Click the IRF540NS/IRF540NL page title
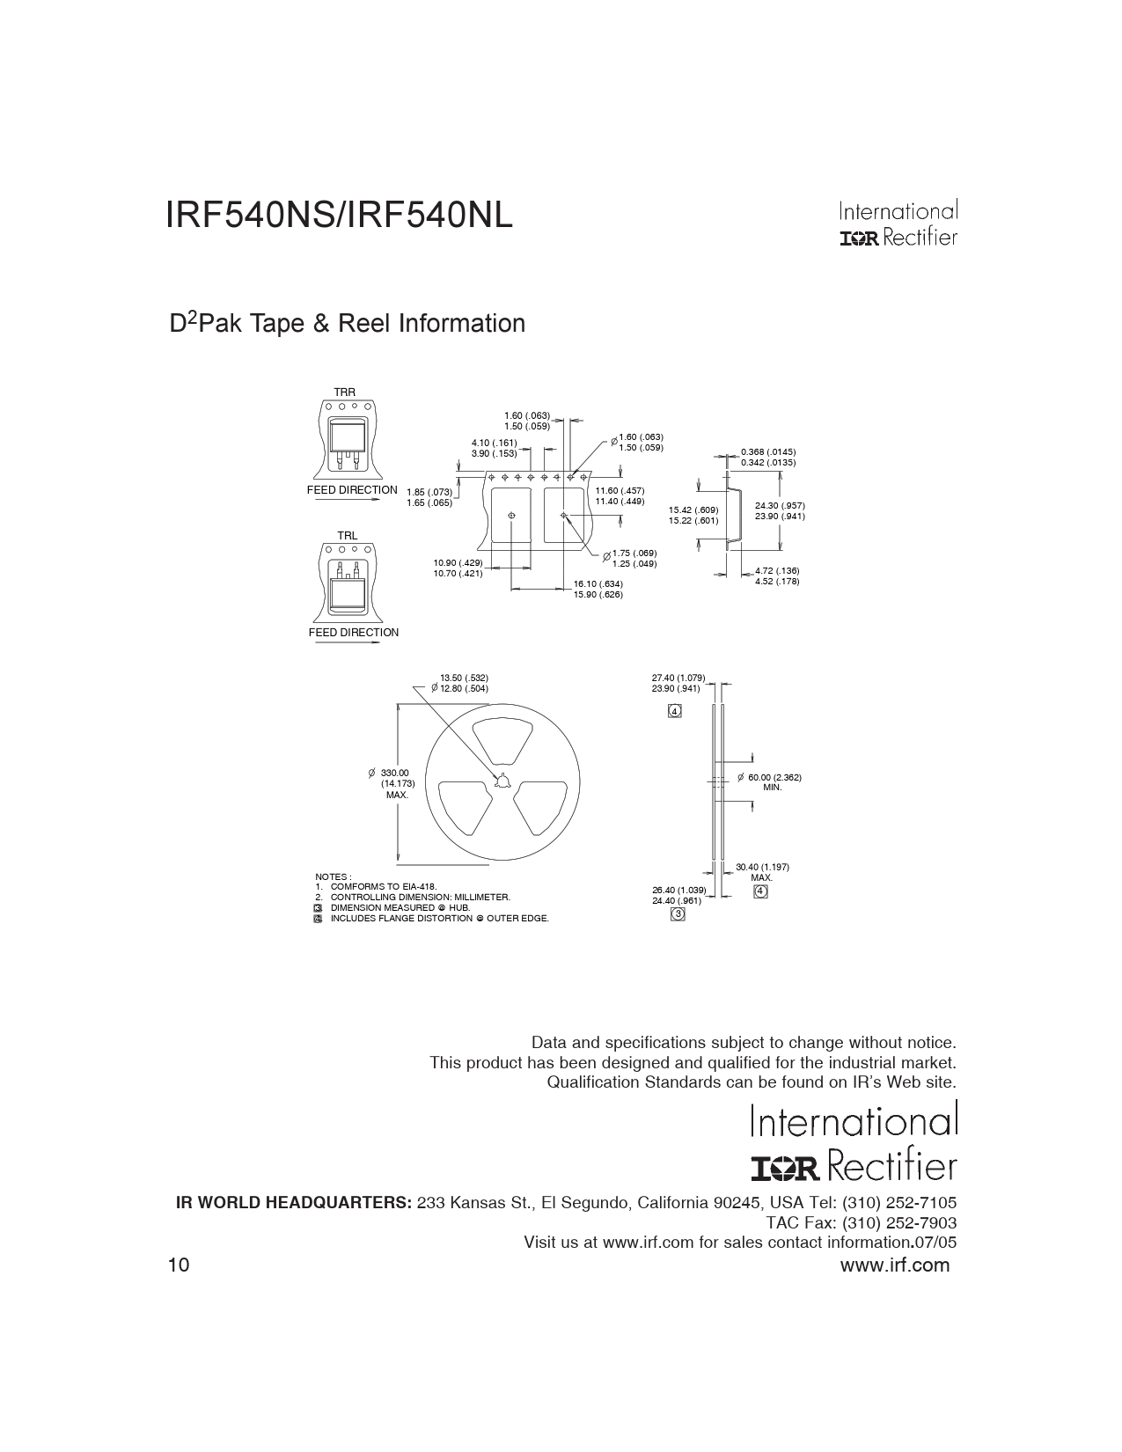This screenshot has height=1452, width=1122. (339, 216)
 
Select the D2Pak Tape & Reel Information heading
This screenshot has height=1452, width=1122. (347, 323)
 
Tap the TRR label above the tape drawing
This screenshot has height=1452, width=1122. (345, 392)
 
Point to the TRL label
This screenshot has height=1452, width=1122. (348, 535)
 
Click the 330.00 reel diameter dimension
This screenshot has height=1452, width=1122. (395, 774)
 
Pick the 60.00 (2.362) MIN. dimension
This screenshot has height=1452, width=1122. (774, 782)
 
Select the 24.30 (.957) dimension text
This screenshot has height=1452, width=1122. (780, 506)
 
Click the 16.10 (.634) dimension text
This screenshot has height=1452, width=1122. (598, 584)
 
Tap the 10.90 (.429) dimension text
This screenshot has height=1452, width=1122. (458, 562)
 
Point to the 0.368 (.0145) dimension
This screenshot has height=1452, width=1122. (768, 451)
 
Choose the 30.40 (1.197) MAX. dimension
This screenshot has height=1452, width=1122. (762, 872)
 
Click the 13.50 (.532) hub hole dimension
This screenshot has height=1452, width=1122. (465, 678)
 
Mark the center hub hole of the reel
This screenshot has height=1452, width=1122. (502, 781)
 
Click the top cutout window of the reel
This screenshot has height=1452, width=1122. (502, 740)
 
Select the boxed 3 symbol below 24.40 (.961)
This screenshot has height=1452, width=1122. (678, 914)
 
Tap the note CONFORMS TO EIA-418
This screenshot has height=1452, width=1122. (384, 887)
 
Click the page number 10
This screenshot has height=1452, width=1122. (180, 1265)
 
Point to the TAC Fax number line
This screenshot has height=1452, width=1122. (861, 1223)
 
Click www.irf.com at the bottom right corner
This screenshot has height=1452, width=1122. (895, 1265)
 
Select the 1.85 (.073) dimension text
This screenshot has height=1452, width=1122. (429, 493)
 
